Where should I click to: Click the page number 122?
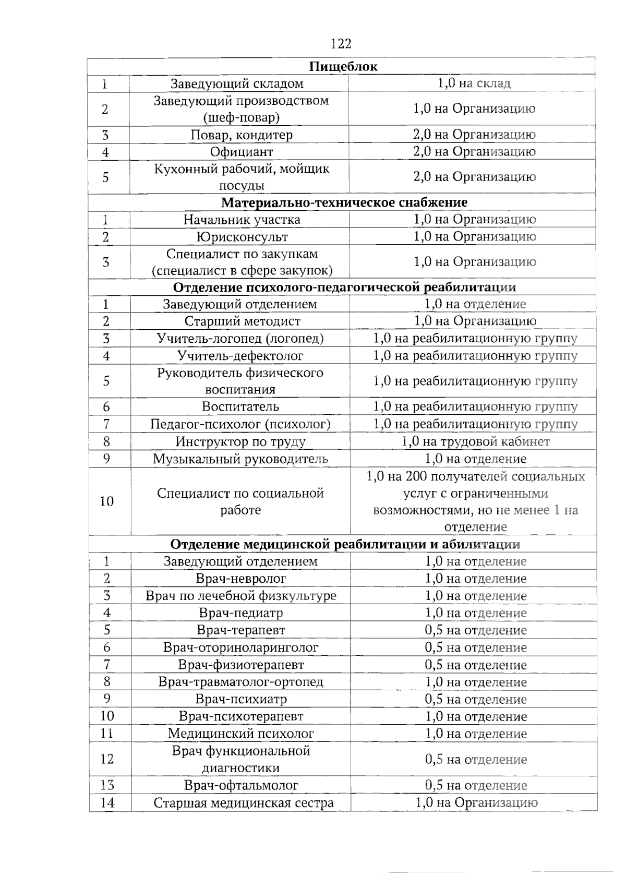click(341, 43)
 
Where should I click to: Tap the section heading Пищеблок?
click(343, 66)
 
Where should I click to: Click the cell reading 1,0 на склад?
click(474, 83)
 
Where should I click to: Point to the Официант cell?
click(242, 152)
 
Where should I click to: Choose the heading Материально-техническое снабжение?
click(344, 202)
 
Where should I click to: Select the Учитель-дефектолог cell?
click(240, 356)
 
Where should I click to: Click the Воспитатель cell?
click(240, 406)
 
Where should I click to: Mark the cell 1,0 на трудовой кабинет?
click(475, 442)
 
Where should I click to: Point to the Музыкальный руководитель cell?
click(240, 459)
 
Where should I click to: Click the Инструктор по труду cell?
click(240, 442)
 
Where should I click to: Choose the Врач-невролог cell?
click(241, 579)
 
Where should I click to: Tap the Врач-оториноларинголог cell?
click(240, 647)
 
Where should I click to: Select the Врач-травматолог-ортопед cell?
click(240, 682)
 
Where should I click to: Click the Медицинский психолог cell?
click(240, 734)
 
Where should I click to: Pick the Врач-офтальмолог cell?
click(241, 785)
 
